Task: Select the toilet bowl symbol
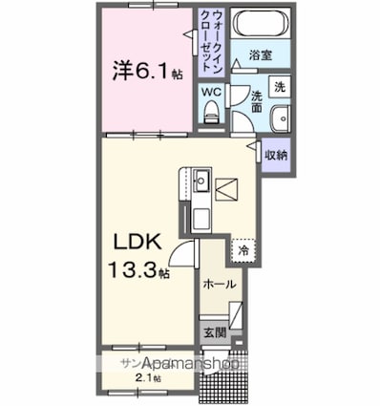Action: click(212, 114)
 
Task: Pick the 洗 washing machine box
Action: click(277, 86)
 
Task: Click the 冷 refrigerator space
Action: click(244, 250)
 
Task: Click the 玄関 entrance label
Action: click(216, 332)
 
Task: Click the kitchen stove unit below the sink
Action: click(201, 216)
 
